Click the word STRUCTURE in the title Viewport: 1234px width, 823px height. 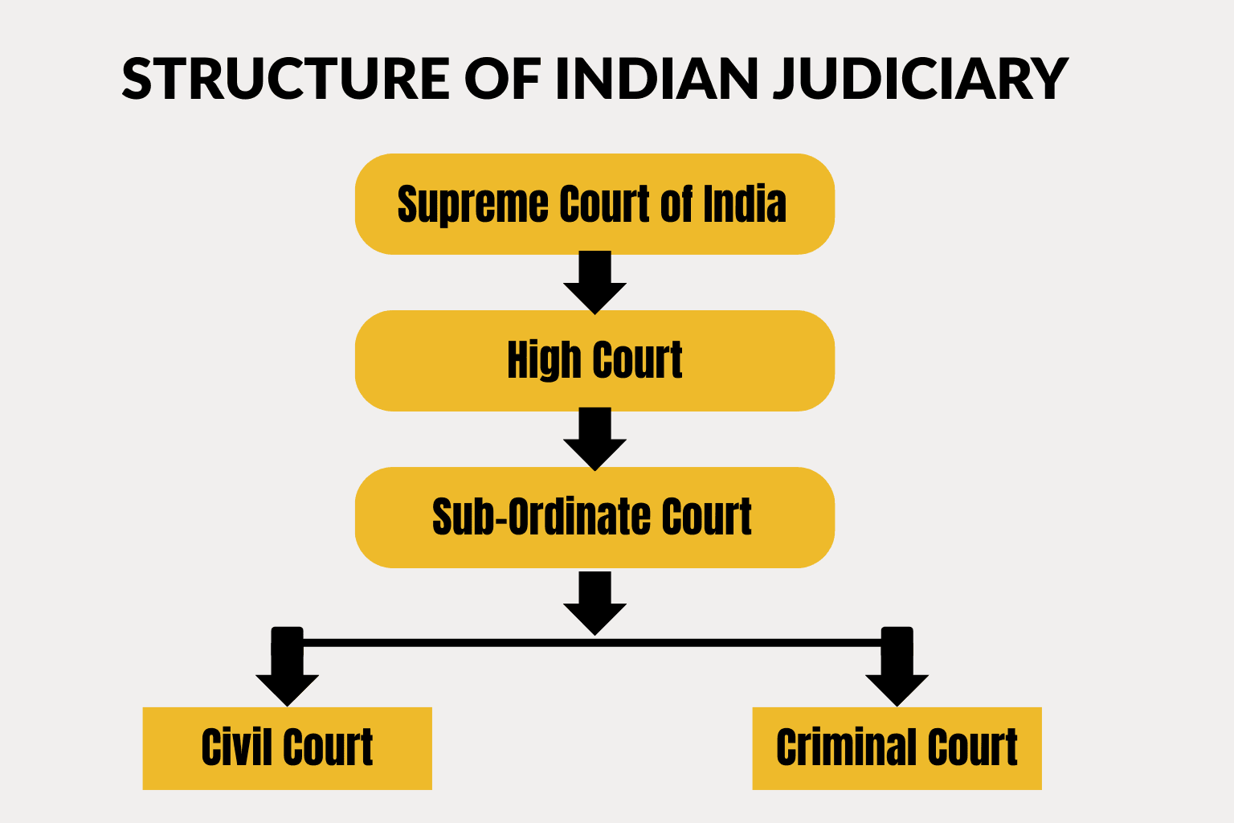click(x=285, y=79)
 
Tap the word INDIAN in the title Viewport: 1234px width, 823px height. click(x=656, y=79)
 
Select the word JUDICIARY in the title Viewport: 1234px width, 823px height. click(x=920, y=79)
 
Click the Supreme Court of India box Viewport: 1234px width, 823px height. click(x=595, y=204)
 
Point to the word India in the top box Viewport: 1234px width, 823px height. click(x=745, y=204)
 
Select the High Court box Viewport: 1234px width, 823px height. click(x=595, y=361)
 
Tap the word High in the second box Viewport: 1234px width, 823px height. click(x=543, y=361)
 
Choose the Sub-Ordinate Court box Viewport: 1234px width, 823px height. click(x=595, y=517)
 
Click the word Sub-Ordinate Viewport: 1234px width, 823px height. click(x=530, y=517)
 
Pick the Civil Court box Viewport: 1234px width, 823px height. click(x=287, y=748)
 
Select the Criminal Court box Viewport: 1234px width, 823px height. click(x=897, y=748)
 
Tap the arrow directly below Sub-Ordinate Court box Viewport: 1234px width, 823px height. click(x=595, y=604)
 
